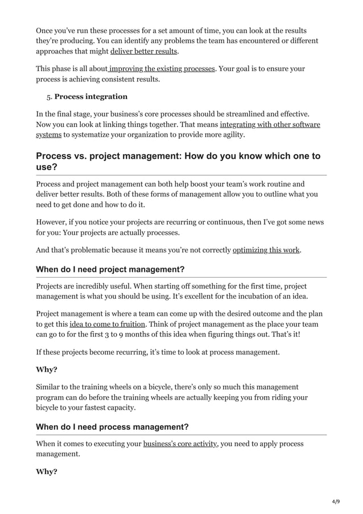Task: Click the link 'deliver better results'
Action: (144, 51)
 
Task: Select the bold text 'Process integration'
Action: (91, 96)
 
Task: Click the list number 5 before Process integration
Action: (49, 96)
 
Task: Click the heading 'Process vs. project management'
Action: (178, 161)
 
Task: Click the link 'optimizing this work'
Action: (266, 249)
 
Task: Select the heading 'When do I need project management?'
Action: (110, 269)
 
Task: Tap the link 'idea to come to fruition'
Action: (106, 324)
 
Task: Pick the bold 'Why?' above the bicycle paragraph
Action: (46, 369)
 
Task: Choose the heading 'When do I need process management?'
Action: (112, 427)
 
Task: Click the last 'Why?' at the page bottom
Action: (46, 471)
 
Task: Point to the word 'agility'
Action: (232, 134)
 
